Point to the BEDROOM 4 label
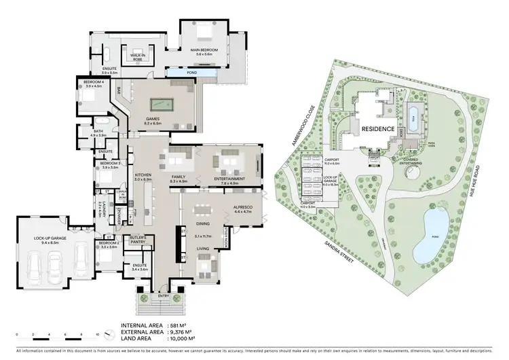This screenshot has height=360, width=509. click(x=93, y=85)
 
